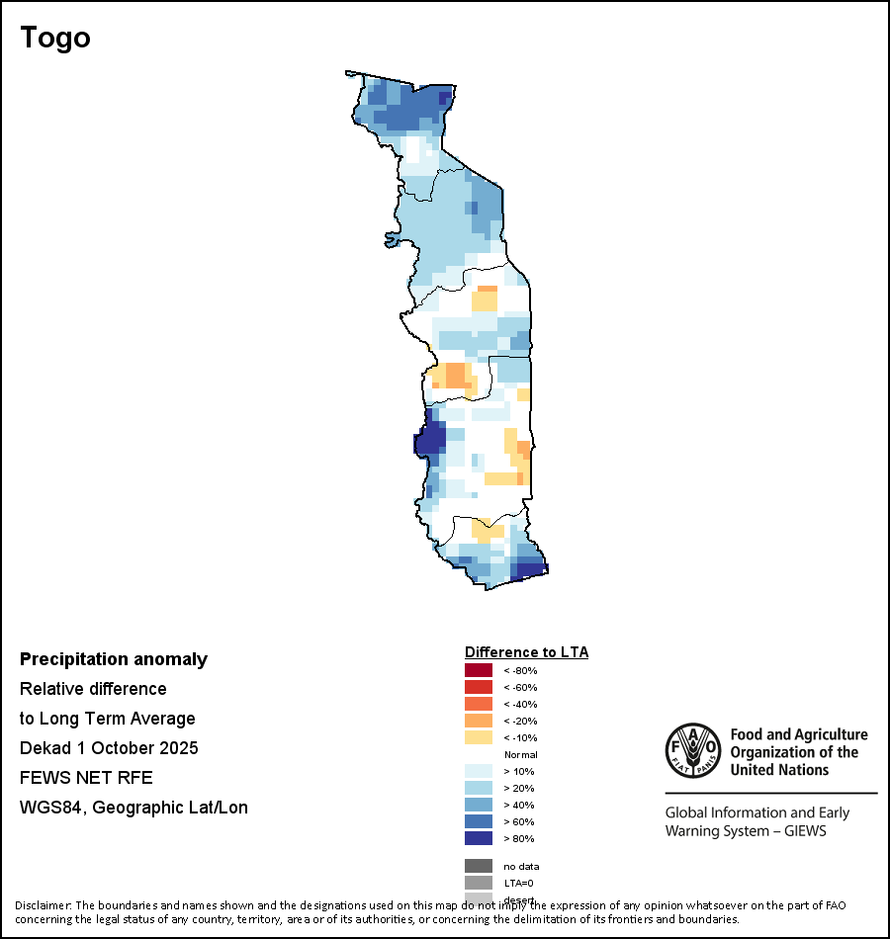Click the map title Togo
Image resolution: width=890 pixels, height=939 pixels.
55,38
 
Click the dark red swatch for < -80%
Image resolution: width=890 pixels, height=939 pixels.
479,670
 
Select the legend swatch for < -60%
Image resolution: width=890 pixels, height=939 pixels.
479,687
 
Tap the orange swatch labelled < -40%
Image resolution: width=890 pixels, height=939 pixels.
479,704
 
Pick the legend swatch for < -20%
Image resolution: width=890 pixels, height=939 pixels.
479,721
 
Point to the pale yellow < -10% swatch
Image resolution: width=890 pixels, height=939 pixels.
479,737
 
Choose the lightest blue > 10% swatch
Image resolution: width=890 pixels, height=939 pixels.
479,771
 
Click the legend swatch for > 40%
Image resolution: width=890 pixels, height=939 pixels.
479,805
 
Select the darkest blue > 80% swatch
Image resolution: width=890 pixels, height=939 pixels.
479,838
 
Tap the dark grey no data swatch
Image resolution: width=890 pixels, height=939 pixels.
479,866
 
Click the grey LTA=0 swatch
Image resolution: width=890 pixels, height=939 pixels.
479,883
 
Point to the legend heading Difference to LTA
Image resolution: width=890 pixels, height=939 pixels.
526,652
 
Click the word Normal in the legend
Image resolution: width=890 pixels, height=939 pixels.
520,754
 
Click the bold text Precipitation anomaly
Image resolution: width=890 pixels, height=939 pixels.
114,659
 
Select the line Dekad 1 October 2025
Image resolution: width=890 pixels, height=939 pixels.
109,748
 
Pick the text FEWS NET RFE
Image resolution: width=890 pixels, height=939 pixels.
86,778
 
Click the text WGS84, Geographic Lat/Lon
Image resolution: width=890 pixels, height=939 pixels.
133,808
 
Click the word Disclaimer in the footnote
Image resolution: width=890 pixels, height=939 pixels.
42,905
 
